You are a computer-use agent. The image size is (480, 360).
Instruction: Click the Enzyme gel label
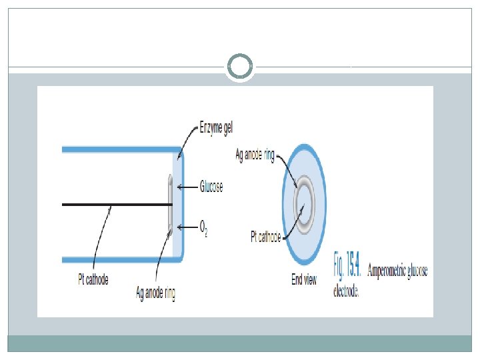(216, 127)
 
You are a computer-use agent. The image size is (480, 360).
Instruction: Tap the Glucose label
(211, 187)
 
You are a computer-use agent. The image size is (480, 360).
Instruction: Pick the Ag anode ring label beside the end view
(255, 155)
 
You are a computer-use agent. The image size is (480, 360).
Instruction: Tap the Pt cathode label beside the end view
(266, 237)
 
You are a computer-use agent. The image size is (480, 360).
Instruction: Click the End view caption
(304, 280)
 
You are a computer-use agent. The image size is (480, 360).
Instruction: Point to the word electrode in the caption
(346, 291)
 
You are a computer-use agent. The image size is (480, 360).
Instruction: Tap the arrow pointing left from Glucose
(188, 187)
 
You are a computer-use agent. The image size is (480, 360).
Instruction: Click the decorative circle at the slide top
(240, 67)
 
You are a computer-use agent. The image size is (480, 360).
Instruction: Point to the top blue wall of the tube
(120, 149)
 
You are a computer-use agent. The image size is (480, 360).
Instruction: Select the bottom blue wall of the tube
(120, 259)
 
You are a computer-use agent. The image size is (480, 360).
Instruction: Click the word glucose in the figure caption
(416, 271)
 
